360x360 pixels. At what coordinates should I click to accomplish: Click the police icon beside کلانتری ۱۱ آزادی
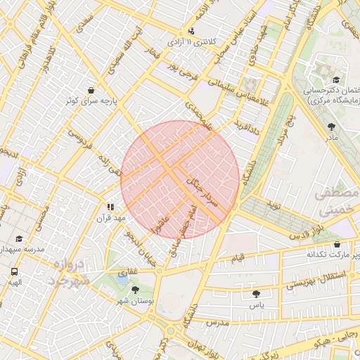click(x=192, y=31)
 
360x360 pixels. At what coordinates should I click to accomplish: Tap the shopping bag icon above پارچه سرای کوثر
click(x=91, y=90)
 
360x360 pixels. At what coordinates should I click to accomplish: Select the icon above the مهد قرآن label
click(x=110, y=207)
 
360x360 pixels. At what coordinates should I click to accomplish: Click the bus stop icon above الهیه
click(x=15, y=271)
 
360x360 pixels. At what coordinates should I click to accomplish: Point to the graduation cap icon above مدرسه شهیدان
click(x=18, y=239)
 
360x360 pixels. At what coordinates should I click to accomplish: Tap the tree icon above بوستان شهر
click(x=135, y=290)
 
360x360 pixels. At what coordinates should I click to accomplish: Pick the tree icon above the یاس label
click(x=255, y=294)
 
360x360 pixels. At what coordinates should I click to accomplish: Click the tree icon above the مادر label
click(x=331, y=127)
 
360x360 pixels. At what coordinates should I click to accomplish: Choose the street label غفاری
click(x=128, y=271)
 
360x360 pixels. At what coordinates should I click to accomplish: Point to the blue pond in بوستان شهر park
click(x=123, y=280)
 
